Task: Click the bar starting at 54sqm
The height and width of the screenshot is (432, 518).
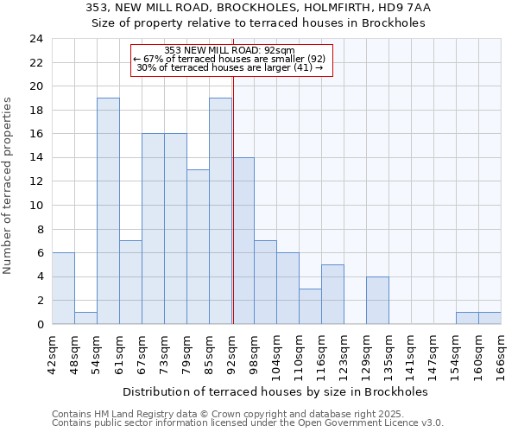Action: coord(108,211)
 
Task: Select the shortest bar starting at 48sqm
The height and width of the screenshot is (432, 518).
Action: coord(85,318)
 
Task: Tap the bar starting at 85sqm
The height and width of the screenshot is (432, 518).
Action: coord(220,211)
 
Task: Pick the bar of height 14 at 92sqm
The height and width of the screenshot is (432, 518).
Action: coord(243,241)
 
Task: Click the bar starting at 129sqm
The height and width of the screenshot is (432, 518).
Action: coord(377,300)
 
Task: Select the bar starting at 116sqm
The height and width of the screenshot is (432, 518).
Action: coord(332,294)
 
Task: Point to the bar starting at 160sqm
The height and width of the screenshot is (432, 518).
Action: coord(490,318)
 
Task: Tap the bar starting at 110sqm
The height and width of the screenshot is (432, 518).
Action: coord(310,306)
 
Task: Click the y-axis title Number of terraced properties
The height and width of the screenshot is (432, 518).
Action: coord(9,185)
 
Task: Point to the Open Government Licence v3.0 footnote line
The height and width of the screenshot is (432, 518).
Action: coord(248,422)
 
